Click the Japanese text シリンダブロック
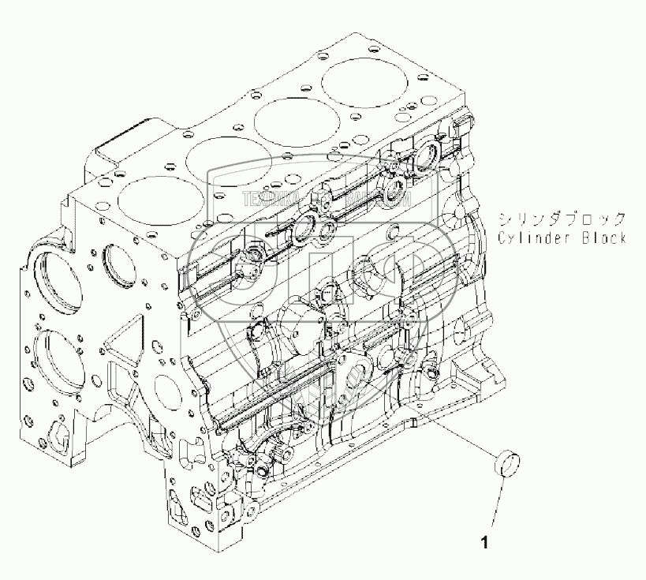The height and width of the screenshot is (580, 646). tap(562, 219)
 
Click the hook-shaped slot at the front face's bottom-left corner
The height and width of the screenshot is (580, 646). tap(58, 433)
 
